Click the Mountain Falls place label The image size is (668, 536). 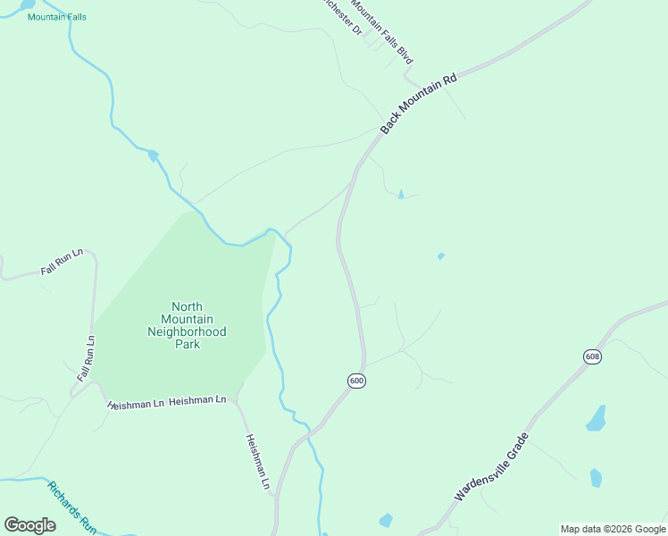pyautogui.click(x=57, y=17)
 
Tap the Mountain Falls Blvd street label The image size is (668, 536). pyautogui.click(x=382, y=30)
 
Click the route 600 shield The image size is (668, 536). pyautogui.click(x=357, y=381)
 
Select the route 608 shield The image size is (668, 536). pyautogui.click(x=593, y=357)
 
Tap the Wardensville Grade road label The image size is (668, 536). pyautogui.click(x=492, y=467)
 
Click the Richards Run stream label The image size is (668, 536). pyautogui.click(x=71, y=507)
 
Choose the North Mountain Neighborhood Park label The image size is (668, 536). pyautogui.click(x=187, y=325)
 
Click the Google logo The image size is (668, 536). pyautogui.click(x=29, y=524)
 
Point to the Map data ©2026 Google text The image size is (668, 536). pyautogui.click(x=613, y=529)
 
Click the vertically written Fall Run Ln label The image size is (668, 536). pyautogui.click(x=86, y=359)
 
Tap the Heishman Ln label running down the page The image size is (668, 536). pyautogui.click(x=258, y=462)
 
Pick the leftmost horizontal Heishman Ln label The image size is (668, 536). pyautogui.click(x=136, y=404)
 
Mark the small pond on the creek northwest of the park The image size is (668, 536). pyautogui.click(x=154, y=155)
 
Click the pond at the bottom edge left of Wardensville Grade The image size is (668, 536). pyautogui.click(x=386, y=520)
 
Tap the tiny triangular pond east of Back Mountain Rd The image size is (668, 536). pyautogui.click(x=400, y=194)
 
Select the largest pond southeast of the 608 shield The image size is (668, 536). pyautogui.click(x=596, y=417)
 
